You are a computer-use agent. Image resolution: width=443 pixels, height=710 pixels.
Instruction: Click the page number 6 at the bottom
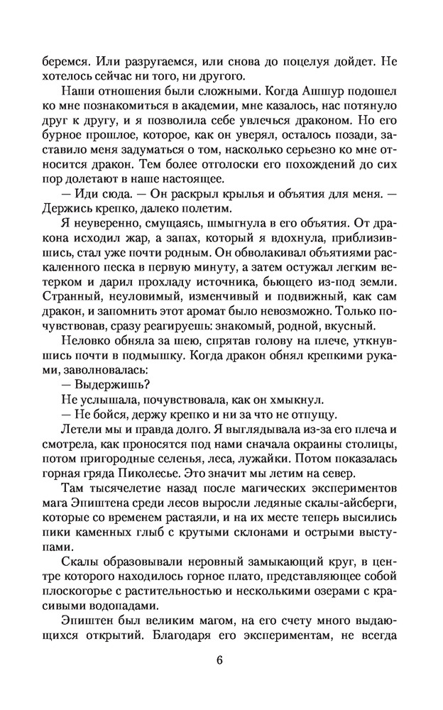pyautogui.click(x=221, y=659)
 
